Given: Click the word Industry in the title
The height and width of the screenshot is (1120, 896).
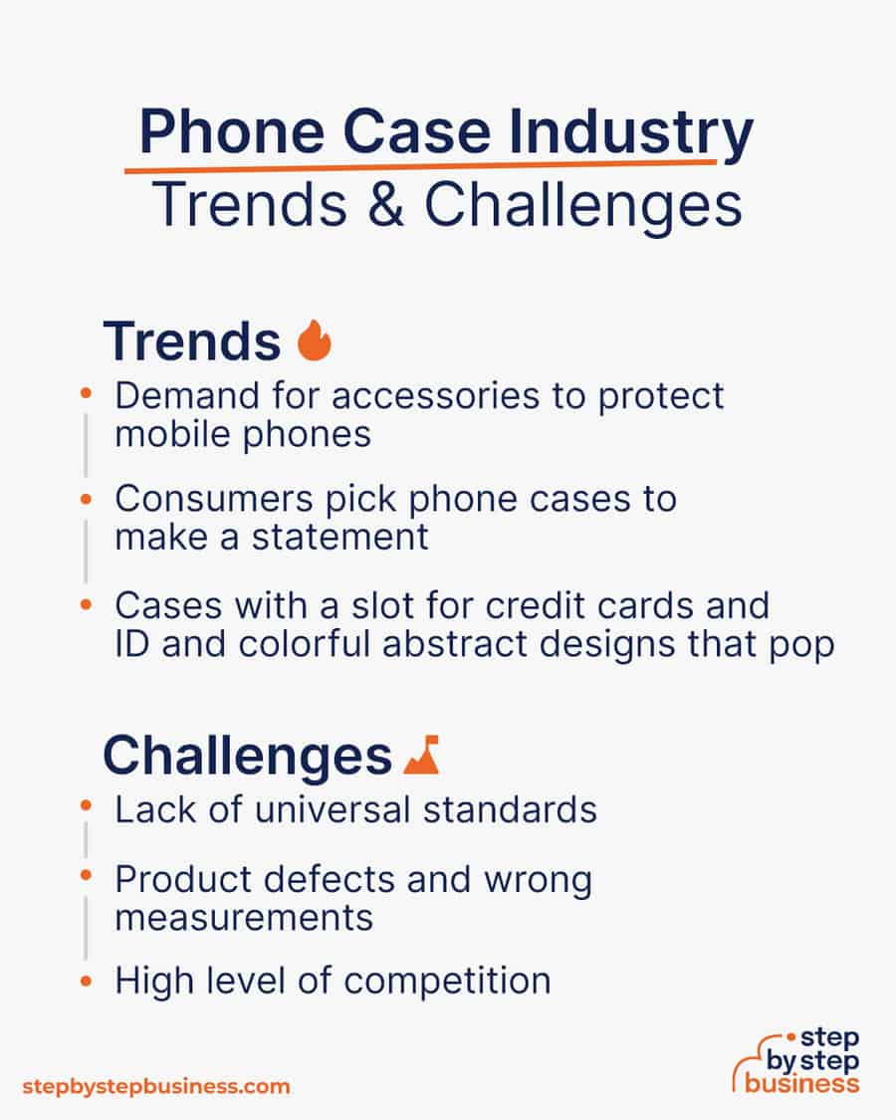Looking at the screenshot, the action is point(630,132).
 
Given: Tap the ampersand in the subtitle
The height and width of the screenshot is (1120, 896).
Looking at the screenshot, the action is point(386,205).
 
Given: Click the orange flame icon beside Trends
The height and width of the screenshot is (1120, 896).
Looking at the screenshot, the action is point(315,340).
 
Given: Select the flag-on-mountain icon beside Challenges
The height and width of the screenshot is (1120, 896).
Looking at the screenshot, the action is point(421,755).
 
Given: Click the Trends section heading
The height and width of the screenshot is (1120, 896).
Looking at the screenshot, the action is point(192,341).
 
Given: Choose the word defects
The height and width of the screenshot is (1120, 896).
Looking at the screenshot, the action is point(330,879).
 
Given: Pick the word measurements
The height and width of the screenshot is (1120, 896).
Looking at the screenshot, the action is point(244,918).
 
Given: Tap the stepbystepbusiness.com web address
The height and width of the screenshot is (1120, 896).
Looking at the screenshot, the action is point(155,1087).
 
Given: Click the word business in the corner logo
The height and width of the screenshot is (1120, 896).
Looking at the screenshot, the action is point(801,1083).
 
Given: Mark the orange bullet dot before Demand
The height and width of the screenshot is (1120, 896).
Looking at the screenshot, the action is point(87,393).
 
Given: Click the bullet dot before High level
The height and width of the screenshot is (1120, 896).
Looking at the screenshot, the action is point(87,982).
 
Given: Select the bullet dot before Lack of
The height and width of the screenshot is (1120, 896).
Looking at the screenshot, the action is point(87,806).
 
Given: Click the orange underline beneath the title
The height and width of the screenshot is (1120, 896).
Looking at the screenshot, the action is point(420,166).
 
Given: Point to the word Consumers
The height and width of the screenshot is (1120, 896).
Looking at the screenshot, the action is point(214,499).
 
